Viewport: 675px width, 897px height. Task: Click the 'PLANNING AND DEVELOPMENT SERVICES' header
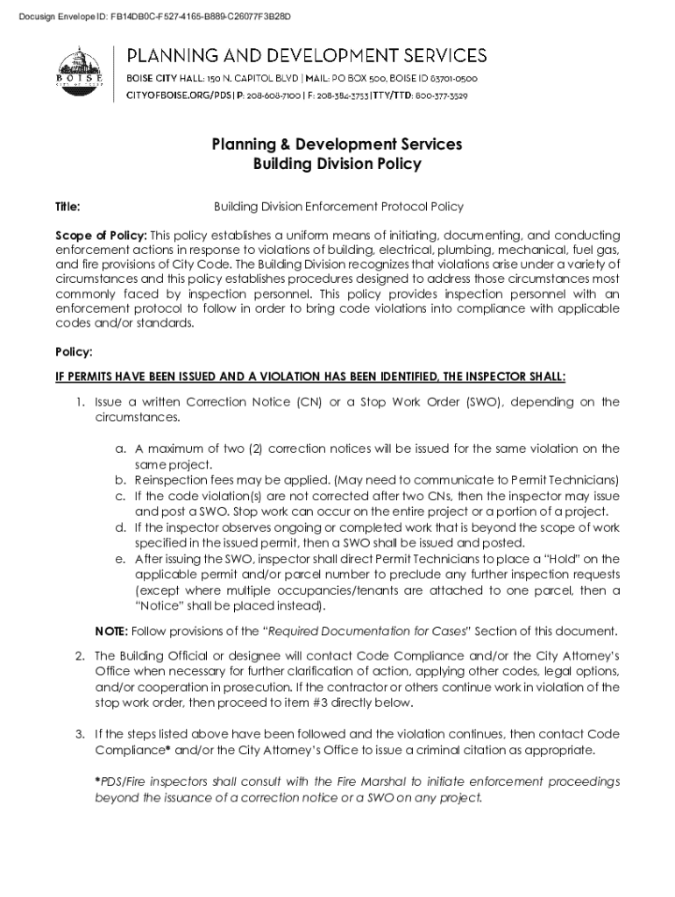coord(308,56)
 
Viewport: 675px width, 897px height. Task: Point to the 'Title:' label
coord(68,207)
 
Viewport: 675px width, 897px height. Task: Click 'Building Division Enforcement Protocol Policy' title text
coord(338,207)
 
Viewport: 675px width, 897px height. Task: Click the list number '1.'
coord(79,402)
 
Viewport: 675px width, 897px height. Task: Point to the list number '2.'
coord(79,655)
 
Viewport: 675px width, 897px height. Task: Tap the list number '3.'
coord(79,733)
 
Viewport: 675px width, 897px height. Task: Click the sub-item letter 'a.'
coord(120,448)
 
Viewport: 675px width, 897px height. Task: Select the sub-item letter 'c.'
coord(120,496)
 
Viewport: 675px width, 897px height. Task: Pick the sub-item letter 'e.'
coord(120,559)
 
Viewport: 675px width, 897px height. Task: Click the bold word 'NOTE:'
coord(111,631)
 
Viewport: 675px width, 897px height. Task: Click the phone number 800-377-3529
coord(441,95)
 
